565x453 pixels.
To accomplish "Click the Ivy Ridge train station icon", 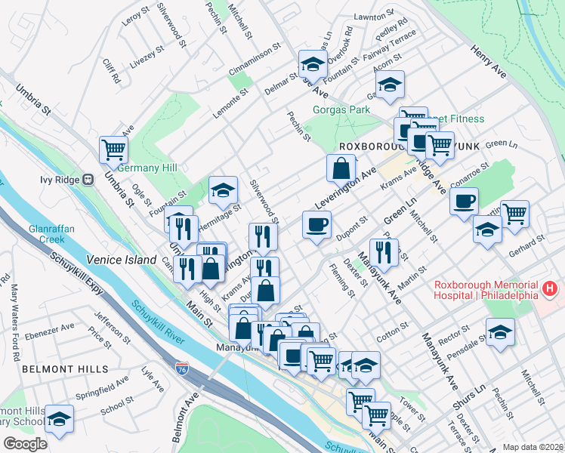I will click(88, 180).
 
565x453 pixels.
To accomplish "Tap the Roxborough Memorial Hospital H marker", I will click(549, 288).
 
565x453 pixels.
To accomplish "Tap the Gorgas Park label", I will click(341, 109).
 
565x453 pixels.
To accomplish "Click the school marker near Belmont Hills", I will click(59, 418).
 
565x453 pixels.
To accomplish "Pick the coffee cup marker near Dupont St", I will click(316, 224).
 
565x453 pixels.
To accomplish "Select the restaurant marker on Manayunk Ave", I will click(384, 253).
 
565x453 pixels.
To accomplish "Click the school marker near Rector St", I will click(499, 332).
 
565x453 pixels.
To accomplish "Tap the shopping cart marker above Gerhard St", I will click(515, 214).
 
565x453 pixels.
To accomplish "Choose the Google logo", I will click(25, 444).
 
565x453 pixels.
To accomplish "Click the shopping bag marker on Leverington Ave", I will click(341, 168).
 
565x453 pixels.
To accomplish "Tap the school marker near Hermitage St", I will click(223, 191).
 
